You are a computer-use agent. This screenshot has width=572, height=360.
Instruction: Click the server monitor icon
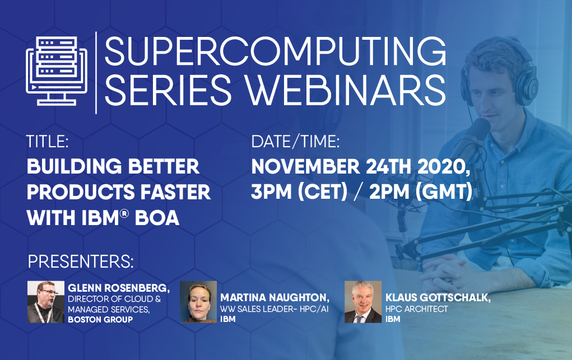[57, 71]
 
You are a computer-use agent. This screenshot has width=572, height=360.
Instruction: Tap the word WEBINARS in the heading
[345, 90]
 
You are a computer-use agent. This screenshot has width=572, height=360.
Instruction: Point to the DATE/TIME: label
[295, 142]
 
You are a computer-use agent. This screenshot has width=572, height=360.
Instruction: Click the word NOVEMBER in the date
[305, 167]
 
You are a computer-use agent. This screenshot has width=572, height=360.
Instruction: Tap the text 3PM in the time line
[271, 192]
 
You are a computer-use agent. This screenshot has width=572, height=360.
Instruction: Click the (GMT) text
[444, 192]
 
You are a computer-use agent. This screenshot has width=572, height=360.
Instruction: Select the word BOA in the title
[157, 218]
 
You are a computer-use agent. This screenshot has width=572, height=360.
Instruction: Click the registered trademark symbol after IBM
[124, 214]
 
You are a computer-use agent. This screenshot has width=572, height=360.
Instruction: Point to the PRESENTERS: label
[81, 262]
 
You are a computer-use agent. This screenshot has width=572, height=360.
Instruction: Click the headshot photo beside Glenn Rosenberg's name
[45, 302]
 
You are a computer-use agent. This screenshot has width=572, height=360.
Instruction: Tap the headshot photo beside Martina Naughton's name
[198, 302]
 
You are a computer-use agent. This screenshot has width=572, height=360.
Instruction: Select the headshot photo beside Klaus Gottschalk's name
[363, 302]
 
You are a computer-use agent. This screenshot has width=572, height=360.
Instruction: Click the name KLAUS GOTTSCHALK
[437, 298]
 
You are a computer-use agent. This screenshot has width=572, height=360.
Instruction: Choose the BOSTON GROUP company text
[100, 320]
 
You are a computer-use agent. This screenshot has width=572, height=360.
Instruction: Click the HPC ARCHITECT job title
[417, 309]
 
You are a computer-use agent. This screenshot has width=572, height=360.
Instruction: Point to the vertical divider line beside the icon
[96, 73]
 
